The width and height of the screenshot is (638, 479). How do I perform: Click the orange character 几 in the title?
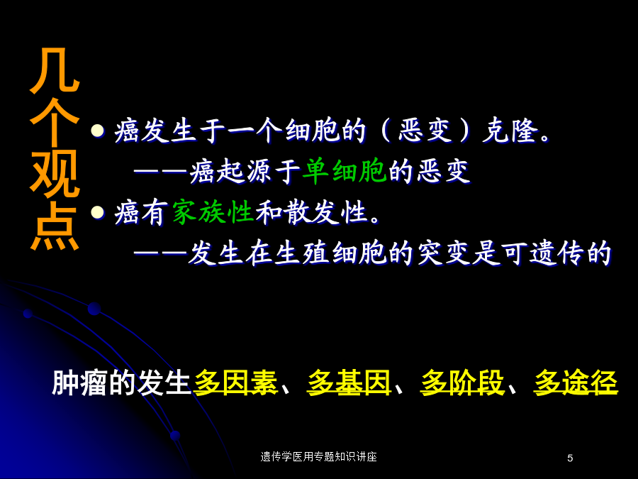click(x=54, y=70)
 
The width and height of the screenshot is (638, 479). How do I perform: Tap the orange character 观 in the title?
click(x=54, y=174)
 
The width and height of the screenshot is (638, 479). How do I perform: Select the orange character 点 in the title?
click(x=54, y=226)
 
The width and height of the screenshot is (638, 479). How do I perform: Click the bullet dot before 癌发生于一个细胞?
click(x=98, y=131)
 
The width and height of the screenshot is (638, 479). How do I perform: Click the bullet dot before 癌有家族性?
click(x=98, y=212)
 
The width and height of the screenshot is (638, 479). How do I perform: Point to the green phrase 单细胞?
click(x=345, y=171)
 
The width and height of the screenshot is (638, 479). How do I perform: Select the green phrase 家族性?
click(x=213, y=212)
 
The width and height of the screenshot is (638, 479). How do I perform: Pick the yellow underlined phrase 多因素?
click(x=235, y=383)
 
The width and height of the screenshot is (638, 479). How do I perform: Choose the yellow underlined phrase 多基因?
click(x=349, y=383)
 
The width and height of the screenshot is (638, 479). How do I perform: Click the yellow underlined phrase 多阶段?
click(x=462, y=383)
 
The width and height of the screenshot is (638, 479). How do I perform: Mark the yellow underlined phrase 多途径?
click(x=576, y=383)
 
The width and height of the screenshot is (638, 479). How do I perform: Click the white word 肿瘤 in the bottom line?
click(x=79, y=383)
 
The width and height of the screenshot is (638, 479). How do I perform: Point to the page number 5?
click(x=570, y=458)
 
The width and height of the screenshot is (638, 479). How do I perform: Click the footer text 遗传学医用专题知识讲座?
click(x=318, y=457)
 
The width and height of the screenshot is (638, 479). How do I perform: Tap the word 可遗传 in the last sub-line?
click(x=543, y=253)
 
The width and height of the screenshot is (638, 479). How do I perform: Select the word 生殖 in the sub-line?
click(x=302, y=253)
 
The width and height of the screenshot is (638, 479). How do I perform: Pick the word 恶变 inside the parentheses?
click(x=425, y=131)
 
